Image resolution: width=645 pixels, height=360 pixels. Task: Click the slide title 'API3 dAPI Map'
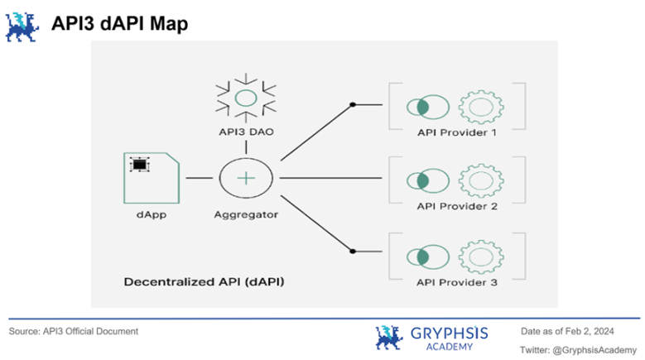pos(119,24)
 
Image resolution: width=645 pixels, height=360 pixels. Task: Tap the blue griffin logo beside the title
pos(24,26)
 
